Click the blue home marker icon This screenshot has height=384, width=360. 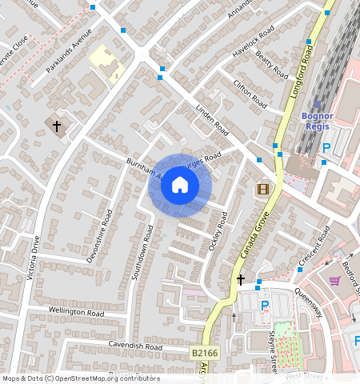tap(180, 186)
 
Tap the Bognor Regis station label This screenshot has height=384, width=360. tap(317, 120)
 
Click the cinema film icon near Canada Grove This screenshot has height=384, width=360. tap(262, 189)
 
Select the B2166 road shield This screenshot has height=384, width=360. tap(206, 352)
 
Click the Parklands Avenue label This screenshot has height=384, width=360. tap(69, 51)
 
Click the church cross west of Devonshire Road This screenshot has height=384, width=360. tap(57, 126)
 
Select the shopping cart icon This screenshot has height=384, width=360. tap(334, 280)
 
